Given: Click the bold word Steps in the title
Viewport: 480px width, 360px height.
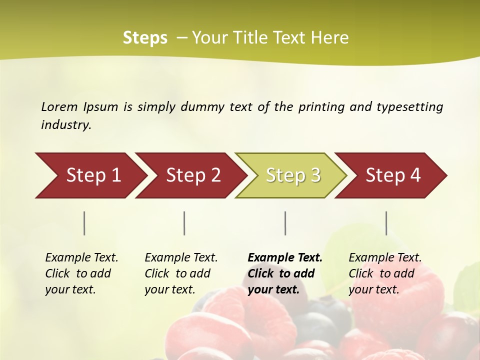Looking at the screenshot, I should point(145,38).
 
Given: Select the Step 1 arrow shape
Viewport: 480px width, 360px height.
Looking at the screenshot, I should point(90,175).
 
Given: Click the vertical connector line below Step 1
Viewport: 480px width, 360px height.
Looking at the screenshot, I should point(84,223).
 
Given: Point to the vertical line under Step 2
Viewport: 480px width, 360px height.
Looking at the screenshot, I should point(184,223).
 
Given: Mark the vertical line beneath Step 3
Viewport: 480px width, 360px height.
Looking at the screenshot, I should point(285,223).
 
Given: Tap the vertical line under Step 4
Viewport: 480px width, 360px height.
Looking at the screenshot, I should point(386,223).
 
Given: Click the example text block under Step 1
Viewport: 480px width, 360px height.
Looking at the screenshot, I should point(81,273).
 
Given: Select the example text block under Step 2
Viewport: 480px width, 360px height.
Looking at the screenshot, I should point(181,273).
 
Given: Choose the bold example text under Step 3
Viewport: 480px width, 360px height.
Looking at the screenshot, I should point(285,273).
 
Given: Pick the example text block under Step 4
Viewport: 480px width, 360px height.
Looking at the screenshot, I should point(385,273).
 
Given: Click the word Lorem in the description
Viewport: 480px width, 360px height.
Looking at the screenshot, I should point(59,106).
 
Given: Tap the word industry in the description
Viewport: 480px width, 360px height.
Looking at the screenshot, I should point(66,125).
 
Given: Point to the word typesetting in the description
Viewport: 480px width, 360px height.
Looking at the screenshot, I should point(409,107).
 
